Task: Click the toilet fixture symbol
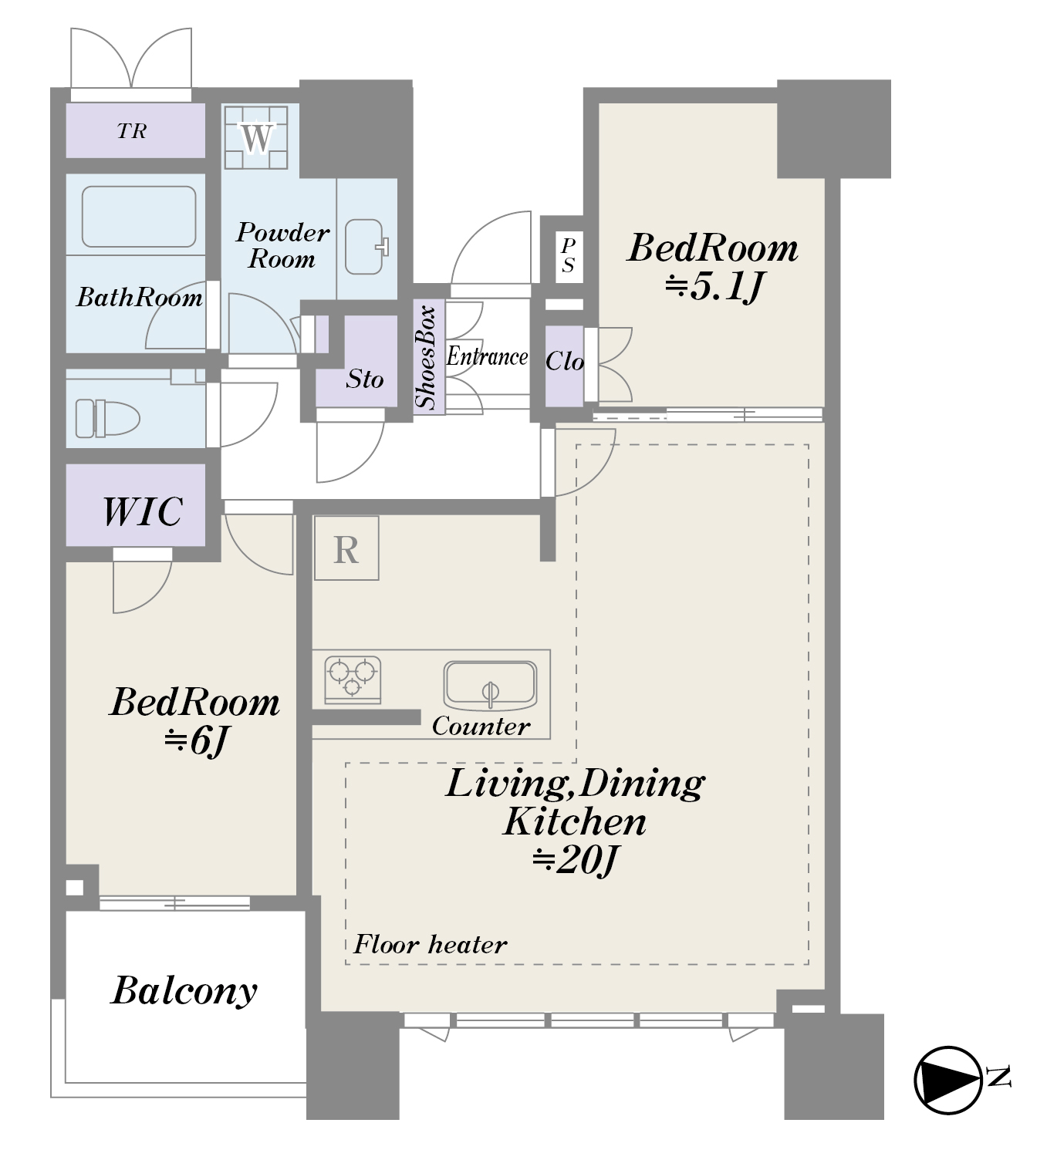pyautogui.click(x=107, y=418)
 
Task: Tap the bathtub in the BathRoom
pyautogui.click(x=139, y=217)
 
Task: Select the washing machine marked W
pyautogui.click(x=256, y=137)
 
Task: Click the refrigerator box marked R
pyautogui.click(x=346, y=548)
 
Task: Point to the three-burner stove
pyautogui.click(x=353, y=679)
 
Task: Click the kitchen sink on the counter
pyautogui.click(x=490, y=686)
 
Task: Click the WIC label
pyautogui.click(x=143, y=511)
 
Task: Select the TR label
pyautogui.click(x=132, y=131)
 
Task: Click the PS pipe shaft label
pyautogui.click(x=568, y=255)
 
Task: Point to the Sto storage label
pyautogui.click(x=365, y=379)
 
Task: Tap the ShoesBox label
pyautogui.click(x=426, y=357)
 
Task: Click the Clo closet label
pyautogui.click(x=565, y=362)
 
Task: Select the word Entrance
pyautogui.click(x=487, y=356)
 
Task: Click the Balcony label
pyautogui.click(x=184, y=991)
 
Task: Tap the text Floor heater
pyautogui.click(x=431, y=944)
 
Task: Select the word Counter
pyautogui.click(x=481, y=726)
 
